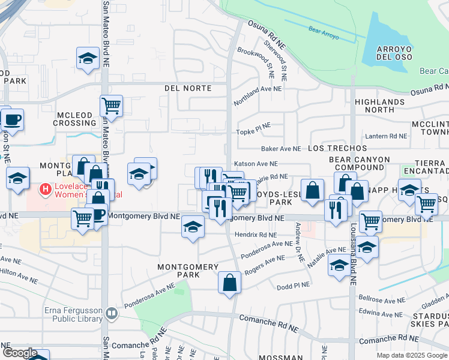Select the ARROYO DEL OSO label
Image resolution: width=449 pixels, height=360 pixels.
396,53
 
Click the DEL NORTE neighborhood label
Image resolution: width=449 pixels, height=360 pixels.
188,88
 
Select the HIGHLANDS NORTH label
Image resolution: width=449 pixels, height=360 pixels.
379,106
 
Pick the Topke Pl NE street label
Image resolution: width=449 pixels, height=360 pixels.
253,131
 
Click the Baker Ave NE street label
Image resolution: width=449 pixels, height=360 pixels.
280,148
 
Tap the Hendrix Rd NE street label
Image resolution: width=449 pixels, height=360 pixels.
255,235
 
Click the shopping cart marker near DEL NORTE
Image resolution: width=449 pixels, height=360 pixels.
111,106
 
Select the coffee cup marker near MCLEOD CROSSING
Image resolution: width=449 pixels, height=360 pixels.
12,119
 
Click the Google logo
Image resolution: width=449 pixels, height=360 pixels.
20,353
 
